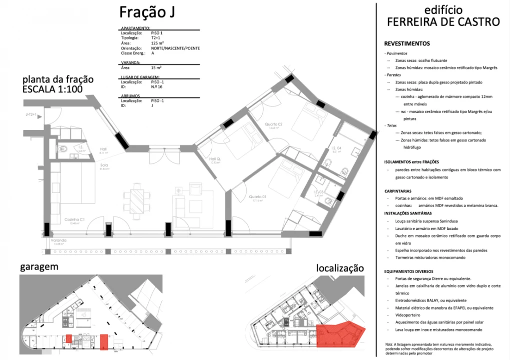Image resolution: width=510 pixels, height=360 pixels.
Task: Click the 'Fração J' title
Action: [147, 12]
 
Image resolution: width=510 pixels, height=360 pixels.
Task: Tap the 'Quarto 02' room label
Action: [274, 124]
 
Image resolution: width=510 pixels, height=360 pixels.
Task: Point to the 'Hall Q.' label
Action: [215, 159]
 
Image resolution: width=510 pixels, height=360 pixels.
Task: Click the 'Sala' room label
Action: [104, 165]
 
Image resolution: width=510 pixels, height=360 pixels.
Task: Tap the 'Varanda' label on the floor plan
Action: [58, 240]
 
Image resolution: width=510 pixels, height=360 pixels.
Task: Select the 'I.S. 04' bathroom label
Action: [336, 148]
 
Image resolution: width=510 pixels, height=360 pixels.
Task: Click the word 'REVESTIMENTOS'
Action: [407, 43]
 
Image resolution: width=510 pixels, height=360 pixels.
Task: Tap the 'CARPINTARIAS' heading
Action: [398, 191]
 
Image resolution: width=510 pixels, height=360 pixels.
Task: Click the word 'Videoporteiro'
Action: [407, 315]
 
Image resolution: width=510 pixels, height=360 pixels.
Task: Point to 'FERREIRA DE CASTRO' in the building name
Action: [443, 22]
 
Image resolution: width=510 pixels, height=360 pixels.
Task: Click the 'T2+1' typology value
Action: [157, 38]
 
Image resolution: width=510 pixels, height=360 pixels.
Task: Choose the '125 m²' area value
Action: [158, 43]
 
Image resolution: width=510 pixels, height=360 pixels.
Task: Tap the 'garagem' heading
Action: [39, 266]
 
